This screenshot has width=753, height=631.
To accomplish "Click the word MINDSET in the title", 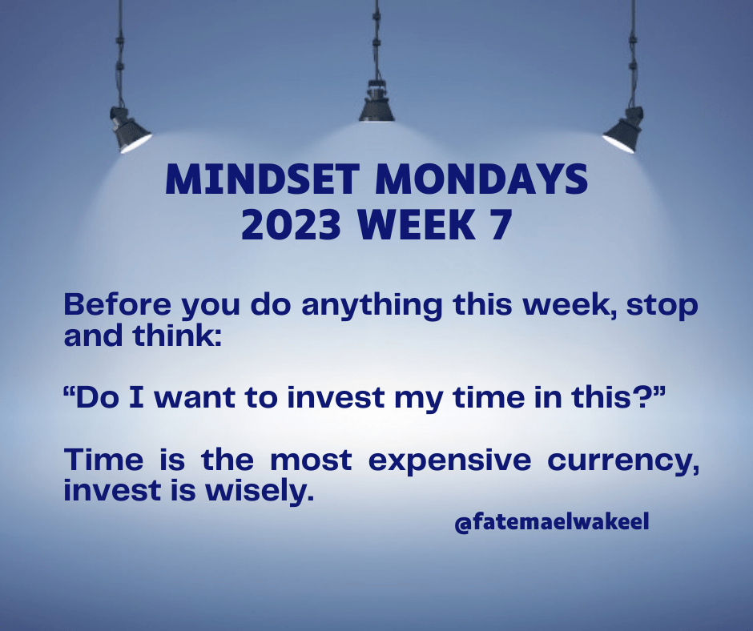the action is point(262,179).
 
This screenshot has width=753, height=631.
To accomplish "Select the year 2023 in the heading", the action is point(291,224).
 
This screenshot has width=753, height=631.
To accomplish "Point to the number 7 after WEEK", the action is point(501,225).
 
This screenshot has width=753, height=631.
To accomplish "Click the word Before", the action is point(117,304).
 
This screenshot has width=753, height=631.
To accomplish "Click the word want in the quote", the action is point(195,398).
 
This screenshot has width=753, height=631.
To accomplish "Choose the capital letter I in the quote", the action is point(136,398).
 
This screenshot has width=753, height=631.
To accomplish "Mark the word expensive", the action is point(449,462).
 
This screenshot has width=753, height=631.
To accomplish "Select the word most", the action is point(311,460).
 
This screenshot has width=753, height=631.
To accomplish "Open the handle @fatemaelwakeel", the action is point(552,522).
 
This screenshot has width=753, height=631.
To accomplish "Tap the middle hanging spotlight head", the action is point(376,102).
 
